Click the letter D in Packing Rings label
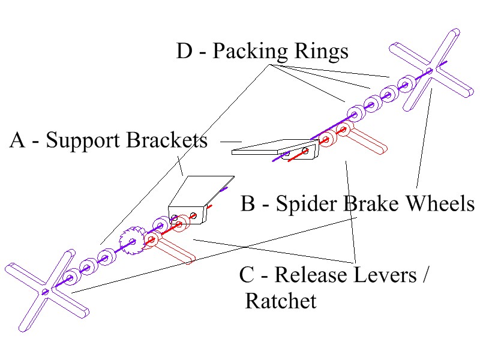pyautogui.click(x=184, y=52)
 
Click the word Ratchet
pyautogui.click(x=280, y=300)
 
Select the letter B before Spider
pyautogui.click(x=248, y=204)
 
